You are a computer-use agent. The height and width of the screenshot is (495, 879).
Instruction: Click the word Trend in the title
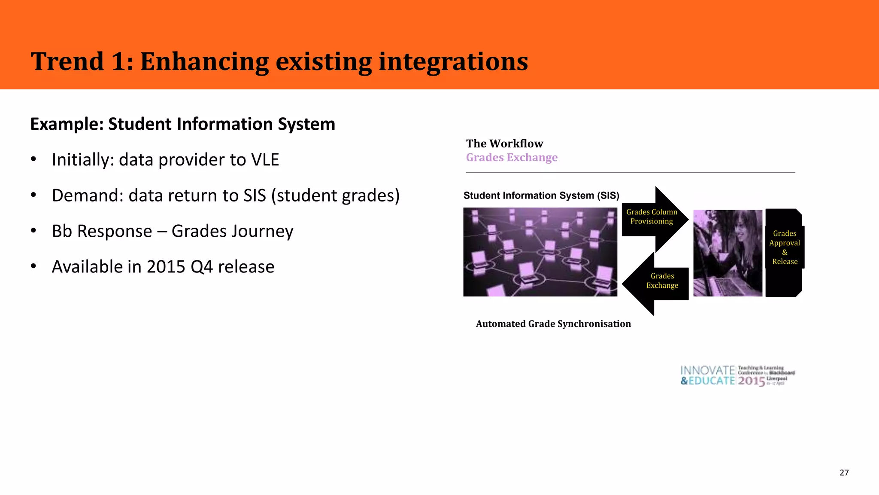coord(67,61)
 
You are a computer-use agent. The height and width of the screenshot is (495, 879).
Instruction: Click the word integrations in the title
coord(453,61)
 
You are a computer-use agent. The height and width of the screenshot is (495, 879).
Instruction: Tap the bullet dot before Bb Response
coord(33,231)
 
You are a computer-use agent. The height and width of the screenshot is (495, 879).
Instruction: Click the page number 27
coord(844,473)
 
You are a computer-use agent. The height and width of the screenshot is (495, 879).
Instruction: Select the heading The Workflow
coord(504,144)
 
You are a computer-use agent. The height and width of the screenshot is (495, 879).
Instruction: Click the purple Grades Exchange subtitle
coord(512,158)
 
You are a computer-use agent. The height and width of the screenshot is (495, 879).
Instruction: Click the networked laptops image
coord(540,252)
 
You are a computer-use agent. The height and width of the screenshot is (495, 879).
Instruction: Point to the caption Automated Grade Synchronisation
coord(553,324)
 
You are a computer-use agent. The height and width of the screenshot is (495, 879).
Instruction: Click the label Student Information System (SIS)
coord(541,196)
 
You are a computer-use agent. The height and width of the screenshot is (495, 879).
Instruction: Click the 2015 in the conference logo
coord(751,381)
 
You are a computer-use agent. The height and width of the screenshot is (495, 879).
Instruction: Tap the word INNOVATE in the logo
coord(707,370)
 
